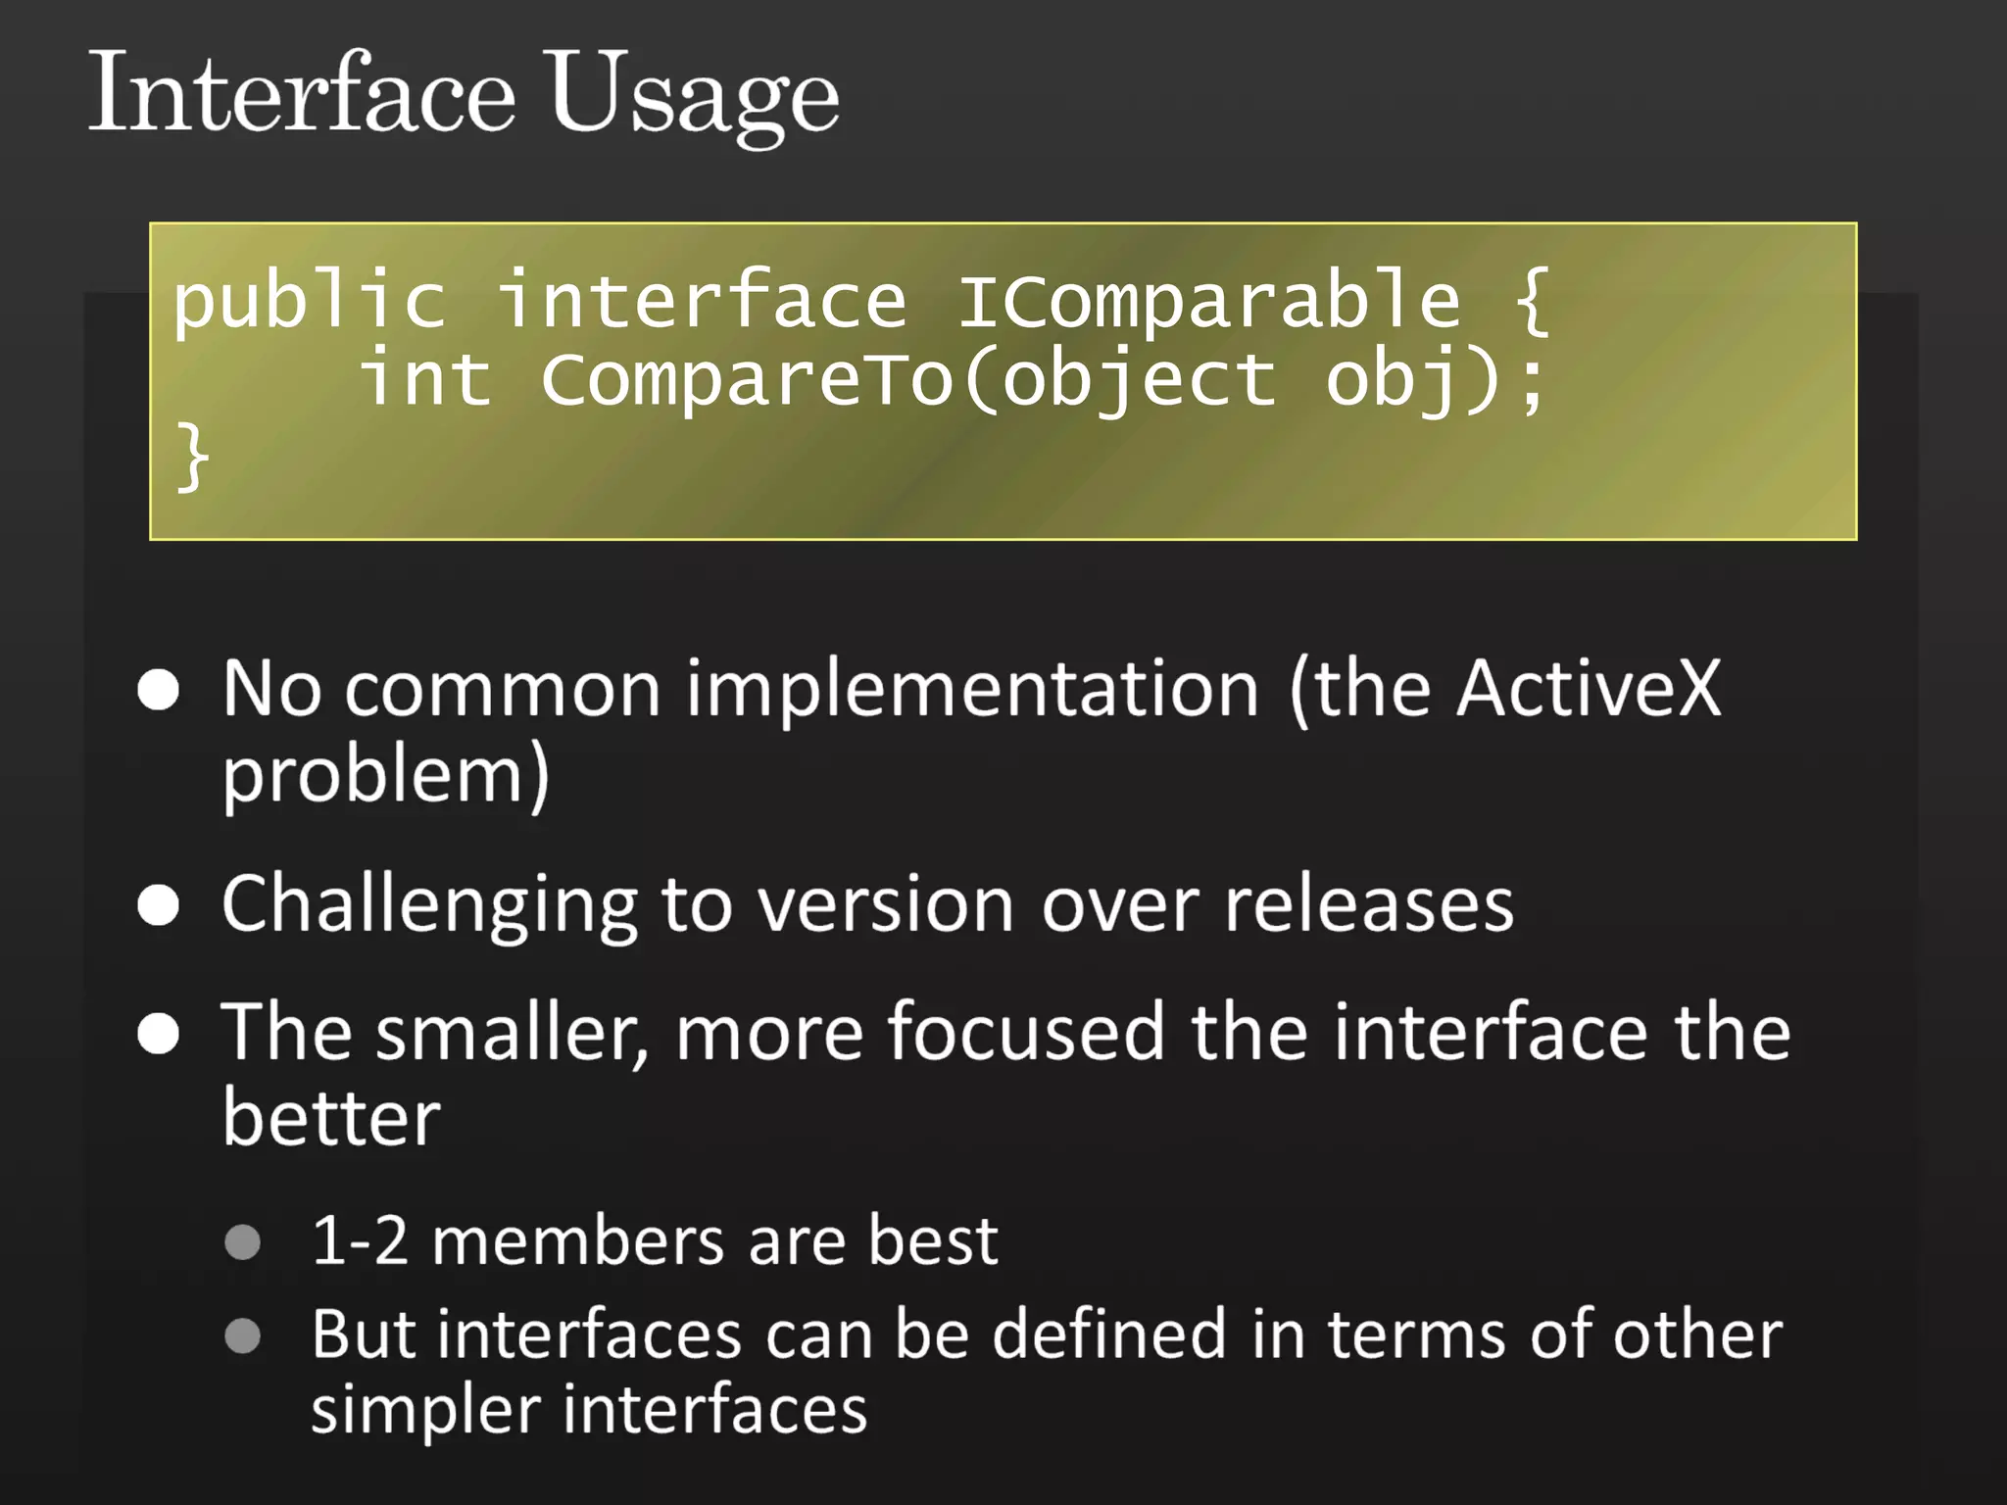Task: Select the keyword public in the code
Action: tap(309, 302)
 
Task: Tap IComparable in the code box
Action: tap(1209, 302)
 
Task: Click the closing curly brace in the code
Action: tap(192, 457)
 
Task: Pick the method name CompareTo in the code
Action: tap(747, 380)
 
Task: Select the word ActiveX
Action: tap(1589, 690)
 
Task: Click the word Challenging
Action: tap(429, 905)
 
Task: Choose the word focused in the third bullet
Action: tap(1026, 1033)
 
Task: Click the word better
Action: tap(331, 1119)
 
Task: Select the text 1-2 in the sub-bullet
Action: tap(359, 1241)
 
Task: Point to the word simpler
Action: tap(425, 1411)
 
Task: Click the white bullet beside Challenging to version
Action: tap(159, 905)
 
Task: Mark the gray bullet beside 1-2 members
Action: tap(242, 1242)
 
